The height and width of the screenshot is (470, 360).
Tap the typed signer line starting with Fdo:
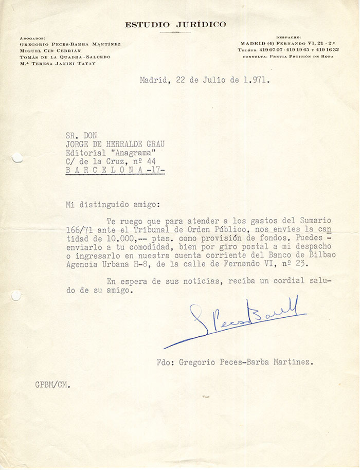[235, 363]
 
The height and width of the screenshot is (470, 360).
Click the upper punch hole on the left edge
[16, 158]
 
